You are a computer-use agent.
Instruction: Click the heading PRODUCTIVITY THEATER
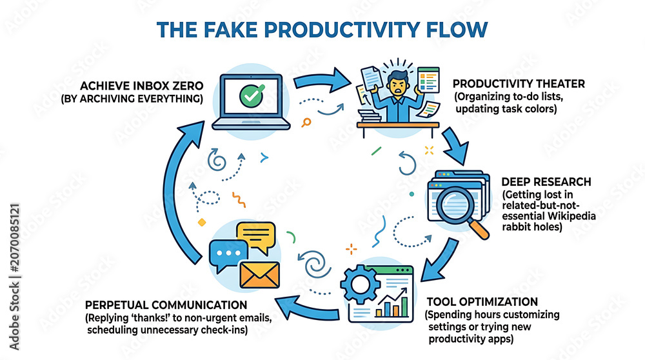[x=519, y=84]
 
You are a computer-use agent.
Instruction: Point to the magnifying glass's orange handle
[x=478, y=229]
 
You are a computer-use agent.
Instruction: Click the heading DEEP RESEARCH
[x=546, y=182]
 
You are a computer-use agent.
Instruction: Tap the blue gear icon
[x=361, y=284]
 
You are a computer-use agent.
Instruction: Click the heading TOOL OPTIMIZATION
[x=482, y=302]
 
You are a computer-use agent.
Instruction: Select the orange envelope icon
[x=259, y=275]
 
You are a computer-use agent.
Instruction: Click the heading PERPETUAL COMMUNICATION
[x=166, y=305]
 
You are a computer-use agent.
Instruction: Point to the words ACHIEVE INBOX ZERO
[x=141, y=86]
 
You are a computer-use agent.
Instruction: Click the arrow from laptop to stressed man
[x=321, y=80]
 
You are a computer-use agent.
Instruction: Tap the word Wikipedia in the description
[x=572, y=216]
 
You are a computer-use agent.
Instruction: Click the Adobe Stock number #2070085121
[x=14, y=238]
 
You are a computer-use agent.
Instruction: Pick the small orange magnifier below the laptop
[x=306, y=122]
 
